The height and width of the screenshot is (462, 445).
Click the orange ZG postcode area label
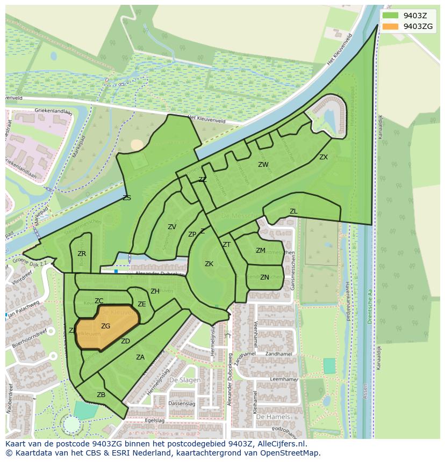(x=105, y=326)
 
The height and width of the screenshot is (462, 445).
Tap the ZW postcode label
(x=263, y=165)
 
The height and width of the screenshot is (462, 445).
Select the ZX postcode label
(x=323, y=157)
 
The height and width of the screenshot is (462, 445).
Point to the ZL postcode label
(x=293, y=211)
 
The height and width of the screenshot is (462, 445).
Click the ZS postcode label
(x=127, y=198)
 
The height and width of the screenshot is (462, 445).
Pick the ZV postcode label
(x=172, y=227)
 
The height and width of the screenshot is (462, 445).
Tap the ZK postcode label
(x=209, y=264)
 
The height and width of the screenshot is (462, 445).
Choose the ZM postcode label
(x=261, y=251)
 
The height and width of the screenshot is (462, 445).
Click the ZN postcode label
(x=264, y=277)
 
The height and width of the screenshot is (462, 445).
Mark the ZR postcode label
(x=82, y=254)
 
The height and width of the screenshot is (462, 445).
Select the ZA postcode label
(x=140, y=357)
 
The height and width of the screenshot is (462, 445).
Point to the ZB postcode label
(x=101, y=395)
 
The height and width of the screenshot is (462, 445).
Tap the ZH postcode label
(x=155, y=291)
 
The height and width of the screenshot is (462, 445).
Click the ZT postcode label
(x=227, y=245)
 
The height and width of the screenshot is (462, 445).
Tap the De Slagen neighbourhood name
(x=185, y=380)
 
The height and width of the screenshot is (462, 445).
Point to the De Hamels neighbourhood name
(x=272, y=417)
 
